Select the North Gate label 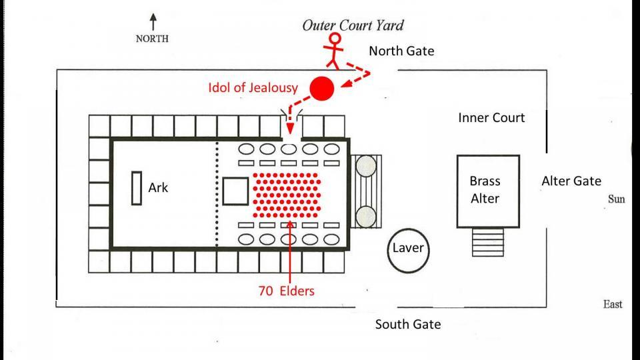pyautogui.click(x=401, y=51)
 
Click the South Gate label pyautogui.click(x=407, y=325)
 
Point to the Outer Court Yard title pyautogui.click(x=353, y=26)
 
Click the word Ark pyautogui.click(x=158, y=188)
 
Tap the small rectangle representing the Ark pyautogui.click(x=137, y=189)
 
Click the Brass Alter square pyautogui.click(x=487, y=190)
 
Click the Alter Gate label pyautogui.click(x=571, y=181)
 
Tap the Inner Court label pyautogui.click(x=491, y=118)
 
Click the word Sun pyautogui.click(x=617, y=199)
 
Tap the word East pyautogui.click(x=613, y=305)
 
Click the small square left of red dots pyautogui.click(x=235, y=191)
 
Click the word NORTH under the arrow pyautogui.click(x=152, y=38)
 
